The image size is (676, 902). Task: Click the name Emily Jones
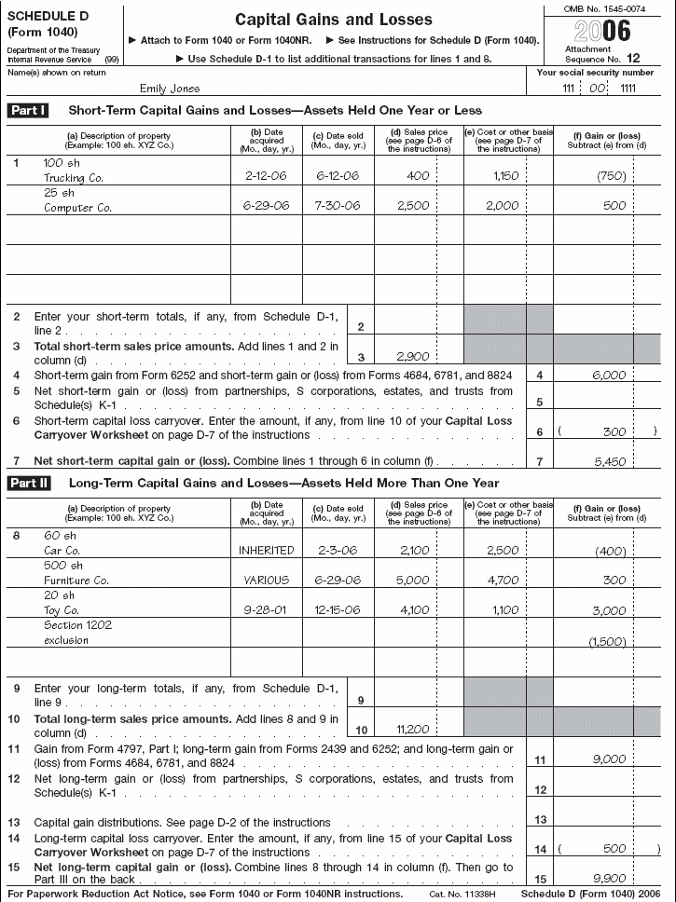tap(169, 89)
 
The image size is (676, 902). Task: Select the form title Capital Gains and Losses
tap(333, 20)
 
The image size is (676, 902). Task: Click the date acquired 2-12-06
tap(264, 175)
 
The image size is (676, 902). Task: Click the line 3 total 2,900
tap(410, 356)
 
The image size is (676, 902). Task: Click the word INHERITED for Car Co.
tap(267, 550)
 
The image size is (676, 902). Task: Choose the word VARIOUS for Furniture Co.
tap(267, 580)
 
